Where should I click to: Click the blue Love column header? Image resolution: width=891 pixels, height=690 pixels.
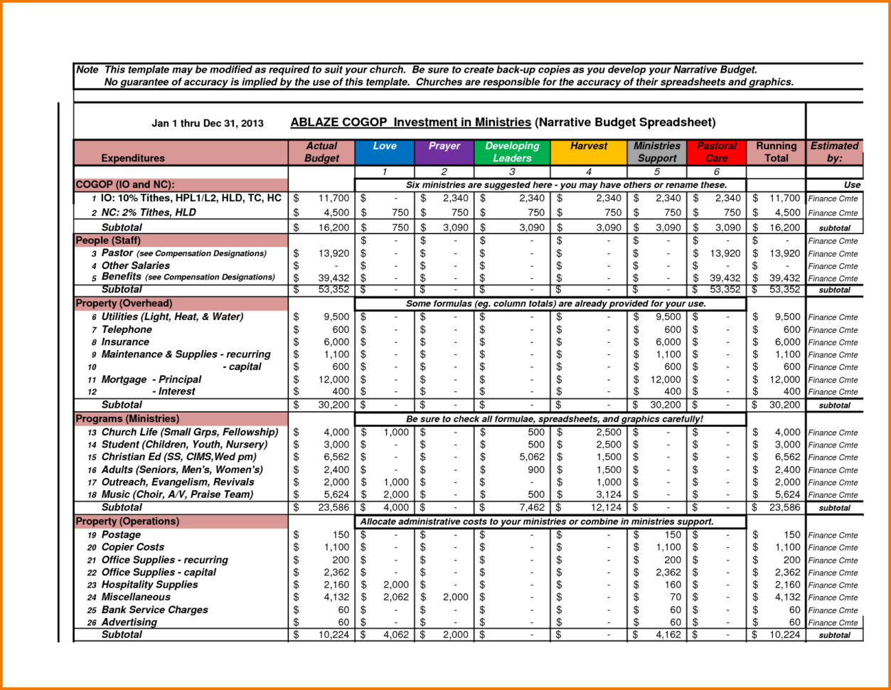pos(385,152)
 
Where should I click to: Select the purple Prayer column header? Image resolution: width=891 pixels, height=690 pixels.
pos(444,152)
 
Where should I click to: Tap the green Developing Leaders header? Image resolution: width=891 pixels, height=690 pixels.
pos(512,152)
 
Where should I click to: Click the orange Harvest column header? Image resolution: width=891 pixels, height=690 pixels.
pos(589,152)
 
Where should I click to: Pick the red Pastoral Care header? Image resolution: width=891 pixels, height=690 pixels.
pos(716,152)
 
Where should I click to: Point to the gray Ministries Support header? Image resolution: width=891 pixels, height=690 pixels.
pos(657,152)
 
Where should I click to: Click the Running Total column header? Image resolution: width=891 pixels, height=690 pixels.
pos(776,152)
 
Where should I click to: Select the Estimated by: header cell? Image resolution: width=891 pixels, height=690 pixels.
pos(834,152)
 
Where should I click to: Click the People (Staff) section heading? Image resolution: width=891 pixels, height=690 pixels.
pos(108,240)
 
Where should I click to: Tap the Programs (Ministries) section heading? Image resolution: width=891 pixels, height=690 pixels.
pos(127,419)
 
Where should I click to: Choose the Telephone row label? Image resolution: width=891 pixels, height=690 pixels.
pos(127,329)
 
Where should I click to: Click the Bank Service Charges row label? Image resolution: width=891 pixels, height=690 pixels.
pos(154,610)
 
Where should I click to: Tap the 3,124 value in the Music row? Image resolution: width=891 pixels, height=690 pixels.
pos(608,495)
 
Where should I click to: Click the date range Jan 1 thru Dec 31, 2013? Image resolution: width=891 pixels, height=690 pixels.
pos(208,123)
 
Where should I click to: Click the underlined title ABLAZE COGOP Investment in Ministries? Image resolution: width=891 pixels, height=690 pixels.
pos(410,122)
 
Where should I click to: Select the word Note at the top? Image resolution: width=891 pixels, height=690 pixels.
pos(87,70)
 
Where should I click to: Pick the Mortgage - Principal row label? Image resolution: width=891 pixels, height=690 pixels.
pos(151,379)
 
